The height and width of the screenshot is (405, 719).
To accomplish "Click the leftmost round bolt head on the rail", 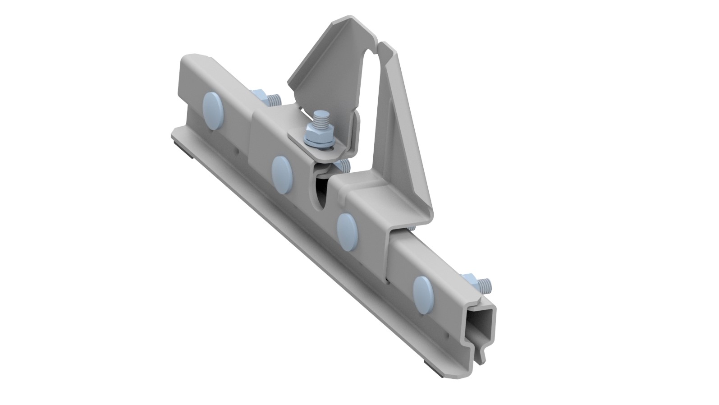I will pos(214,104).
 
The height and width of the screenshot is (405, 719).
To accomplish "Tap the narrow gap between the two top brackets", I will pos(376,81).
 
